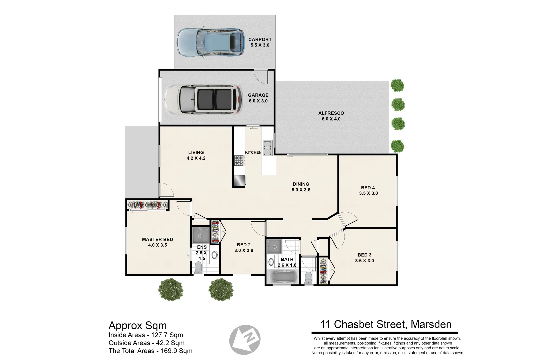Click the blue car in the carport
coord(210,42)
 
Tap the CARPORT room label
coord(260,40)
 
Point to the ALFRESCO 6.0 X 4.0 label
coord(331,116)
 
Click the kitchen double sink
coord(267,148)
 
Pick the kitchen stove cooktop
coord(239,161)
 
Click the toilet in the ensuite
coord(198,268)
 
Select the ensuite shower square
coord(201,235)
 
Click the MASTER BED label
coord(157,239)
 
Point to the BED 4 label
coord(368,188)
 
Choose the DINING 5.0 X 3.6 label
coord(301,187)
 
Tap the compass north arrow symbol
coord(245,340)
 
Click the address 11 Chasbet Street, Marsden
coord(386,325)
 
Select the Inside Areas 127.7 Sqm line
coord(146,335)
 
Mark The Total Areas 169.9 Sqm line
coord(150,351)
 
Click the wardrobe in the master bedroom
coord(147,205)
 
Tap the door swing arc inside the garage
coord(261,77)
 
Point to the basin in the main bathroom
coord(271,262)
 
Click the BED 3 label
coord(365,255)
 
